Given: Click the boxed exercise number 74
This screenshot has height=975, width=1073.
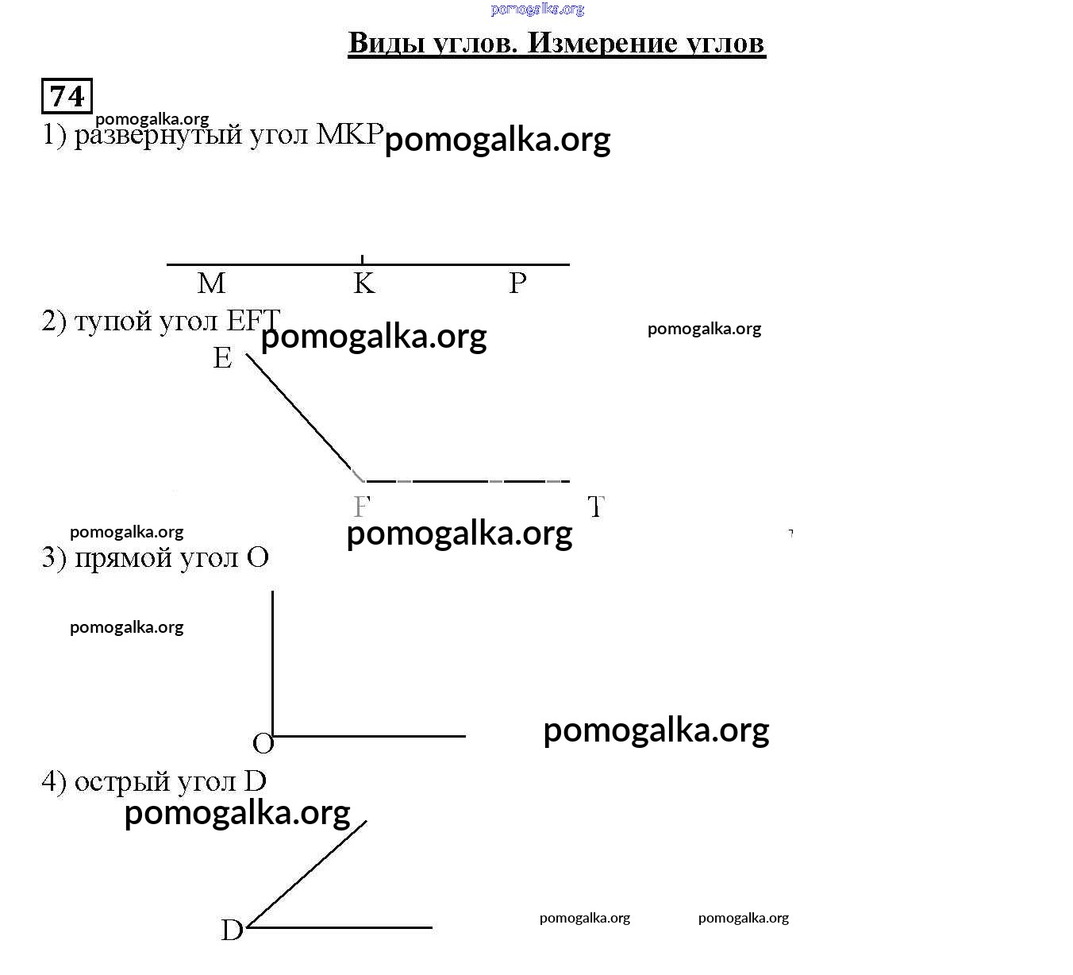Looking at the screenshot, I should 67,96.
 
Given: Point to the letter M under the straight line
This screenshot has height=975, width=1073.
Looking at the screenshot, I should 211,283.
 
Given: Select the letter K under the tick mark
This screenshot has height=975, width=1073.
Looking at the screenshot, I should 363,283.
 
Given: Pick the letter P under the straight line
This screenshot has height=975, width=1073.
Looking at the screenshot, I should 517,283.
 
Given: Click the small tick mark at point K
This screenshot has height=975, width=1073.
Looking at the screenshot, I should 363,259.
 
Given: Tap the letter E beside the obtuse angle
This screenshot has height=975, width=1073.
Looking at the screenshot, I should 222,358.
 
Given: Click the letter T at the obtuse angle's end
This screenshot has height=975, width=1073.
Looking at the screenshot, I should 596,507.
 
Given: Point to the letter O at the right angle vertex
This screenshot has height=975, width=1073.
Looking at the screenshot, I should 263,744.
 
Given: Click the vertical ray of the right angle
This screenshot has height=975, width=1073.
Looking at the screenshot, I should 273,659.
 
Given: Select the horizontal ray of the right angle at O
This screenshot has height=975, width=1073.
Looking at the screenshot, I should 373,736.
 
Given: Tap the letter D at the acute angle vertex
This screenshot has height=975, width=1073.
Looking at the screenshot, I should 232,930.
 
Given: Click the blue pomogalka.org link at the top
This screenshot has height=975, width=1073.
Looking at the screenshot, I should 537,10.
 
